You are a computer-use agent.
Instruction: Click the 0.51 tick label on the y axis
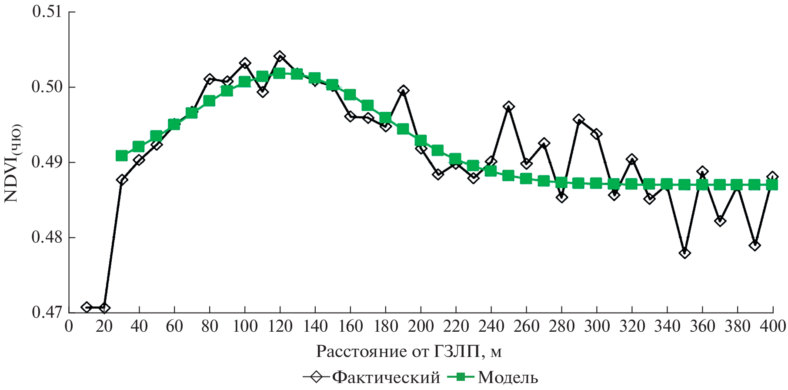coord(47,12)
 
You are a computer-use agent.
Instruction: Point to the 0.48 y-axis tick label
coord(47,237)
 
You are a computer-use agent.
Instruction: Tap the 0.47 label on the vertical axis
coord(47,312)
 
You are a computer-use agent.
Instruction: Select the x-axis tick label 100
coord(245,326)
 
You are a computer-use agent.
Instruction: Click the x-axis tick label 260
coord(526,326)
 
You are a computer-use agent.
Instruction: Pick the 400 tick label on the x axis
coord(772,326)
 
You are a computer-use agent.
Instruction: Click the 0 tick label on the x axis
coord(69,326)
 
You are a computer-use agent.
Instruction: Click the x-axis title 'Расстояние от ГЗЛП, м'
coord(409,351)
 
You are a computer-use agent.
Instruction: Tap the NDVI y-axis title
coord(12,163)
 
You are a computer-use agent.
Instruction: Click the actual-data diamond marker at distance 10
coord(87,307)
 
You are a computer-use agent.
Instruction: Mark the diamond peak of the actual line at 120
coord(280,57)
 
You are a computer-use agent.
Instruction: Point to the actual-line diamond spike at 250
coord(509,107)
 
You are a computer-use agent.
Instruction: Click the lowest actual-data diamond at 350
coord(684,253)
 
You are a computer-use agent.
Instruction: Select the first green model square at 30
coord(122,156)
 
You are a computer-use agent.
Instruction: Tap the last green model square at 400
coord(772,185)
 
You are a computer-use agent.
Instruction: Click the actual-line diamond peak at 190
coord(403,91)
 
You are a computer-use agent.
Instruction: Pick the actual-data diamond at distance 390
coord(755,245)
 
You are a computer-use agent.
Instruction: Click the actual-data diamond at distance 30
coord(122,180)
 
